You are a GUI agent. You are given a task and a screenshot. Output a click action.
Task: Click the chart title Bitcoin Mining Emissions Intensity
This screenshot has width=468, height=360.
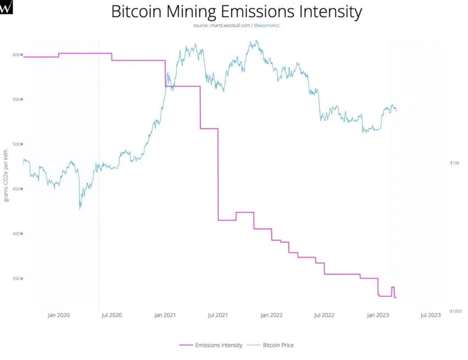(x=237, y=12)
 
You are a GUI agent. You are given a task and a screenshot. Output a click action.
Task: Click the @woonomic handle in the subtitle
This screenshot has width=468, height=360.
(x=266, y=25)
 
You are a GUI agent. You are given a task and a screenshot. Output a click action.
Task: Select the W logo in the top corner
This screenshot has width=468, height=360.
(x=7, y=7)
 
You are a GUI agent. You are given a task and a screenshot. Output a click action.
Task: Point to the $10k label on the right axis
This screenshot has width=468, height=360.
(x=455, y=163)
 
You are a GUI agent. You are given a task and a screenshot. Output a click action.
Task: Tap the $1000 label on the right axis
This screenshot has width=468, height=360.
(x=456, y=312)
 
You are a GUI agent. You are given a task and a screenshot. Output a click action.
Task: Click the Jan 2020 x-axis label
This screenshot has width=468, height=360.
(x=59, y=315)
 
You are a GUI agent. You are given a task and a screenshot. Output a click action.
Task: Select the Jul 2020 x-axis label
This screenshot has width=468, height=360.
(x=112, y=315)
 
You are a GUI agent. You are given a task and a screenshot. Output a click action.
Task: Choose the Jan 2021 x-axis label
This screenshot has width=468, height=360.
(x=165, y=315)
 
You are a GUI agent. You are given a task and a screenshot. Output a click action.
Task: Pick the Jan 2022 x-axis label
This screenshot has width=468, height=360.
(x=271, y=315)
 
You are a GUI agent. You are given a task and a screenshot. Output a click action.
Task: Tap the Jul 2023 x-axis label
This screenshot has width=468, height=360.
(x=431, y=315)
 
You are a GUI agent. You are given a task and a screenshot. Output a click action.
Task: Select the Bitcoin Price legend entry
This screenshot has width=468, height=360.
(x=278, y=345)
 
